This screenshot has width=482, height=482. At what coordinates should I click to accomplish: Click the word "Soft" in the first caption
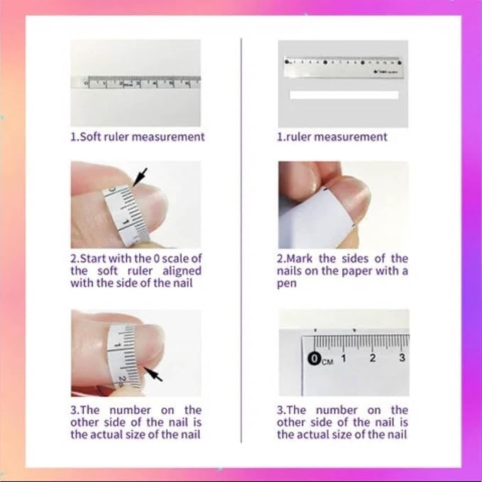pos(90,136)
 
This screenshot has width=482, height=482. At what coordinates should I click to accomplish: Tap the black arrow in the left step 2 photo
pos(140,177)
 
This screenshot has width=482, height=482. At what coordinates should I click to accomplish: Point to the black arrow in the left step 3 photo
pos(153,373)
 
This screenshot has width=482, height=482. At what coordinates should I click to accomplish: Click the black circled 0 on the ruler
pos(314,358)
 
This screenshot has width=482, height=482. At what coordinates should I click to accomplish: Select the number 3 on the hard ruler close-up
pos(402,357)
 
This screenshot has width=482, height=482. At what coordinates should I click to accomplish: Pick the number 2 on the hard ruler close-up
pos(373,358)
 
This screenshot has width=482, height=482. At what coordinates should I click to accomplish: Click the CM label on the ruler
pos(327,362)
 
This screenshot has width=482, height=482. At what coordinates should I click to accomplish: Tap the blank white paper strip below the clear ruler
pos(344,95)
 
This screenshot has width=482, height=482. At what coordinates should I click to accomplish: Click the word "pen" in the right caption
pos(287,283)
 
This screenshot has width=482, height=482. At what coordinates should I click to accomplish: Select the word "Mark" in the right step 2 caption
pos(299,258)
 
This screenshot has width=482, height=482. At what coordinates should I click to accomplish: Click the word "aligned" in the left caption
pos(182,271)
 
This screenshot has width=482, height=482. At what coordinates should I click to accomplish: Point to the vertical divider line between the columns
pos(241,241)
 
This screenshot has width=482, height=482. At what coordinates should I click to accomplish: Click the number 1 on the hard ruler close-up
pos(344,358)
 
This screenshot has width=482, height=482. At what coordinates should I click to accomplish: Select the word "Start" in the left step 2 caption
pos(93,258)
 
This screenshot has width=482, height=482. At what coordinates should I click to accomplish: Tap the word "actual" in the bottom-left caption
pos(109,434)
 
